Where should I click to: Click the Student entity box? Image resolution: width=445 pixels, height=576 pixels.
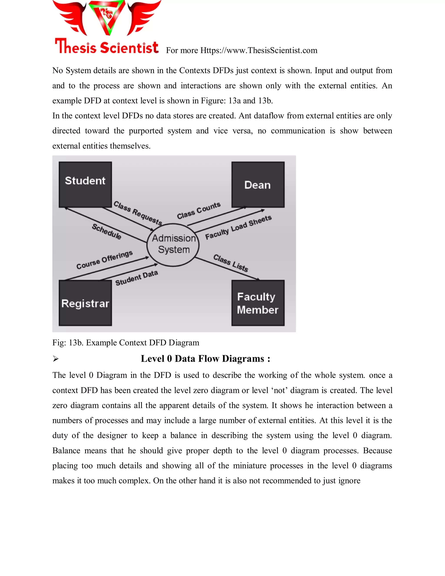pos(85,184)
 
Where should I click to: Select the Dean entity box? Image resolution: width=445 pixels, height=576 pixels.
pos(258,184)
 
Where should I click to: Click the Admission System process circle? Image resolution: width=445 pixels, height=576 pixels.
pos(173,245)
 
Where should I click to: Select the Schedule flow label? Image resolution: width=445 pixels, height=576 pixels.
pos(106,231)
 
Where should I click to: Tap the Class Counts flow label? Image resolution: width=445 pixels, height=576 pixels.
pos(199,210)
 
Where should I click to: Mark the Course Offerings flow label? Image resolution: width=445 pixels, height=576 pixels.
pos(104,260)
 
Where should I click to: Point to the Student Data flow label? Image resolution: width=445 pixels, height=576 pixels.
pos(136,278)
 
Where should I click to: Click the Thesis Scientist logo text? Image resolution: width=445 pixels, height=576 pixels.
pos(106,47)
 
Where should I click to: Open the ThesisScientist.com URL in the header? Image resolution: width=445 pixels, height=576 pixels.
pos(258,50)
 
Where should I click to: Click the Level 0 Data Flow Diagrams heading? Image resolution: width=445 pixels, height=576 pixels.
pos(205,359)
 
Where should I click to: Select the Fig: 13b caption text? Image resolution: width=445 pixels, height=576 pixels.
pos(126,343)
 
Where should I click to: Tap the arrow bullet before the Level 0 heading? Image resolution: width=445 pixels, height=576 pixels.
pos(55,359)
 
